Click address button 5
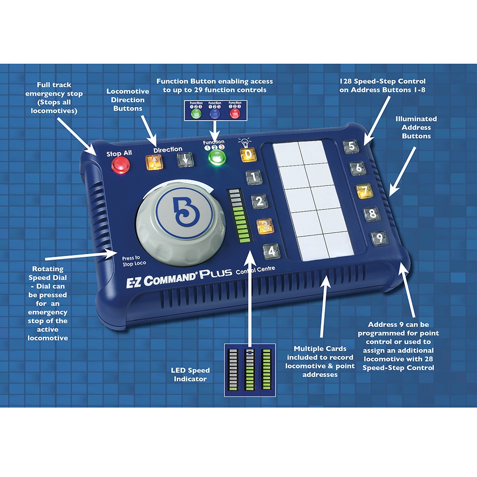(x=351, y=146)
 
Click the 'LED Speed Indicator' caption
(x=190, y=374)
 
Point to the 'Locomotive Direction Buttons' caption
(x=128, y=100)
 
